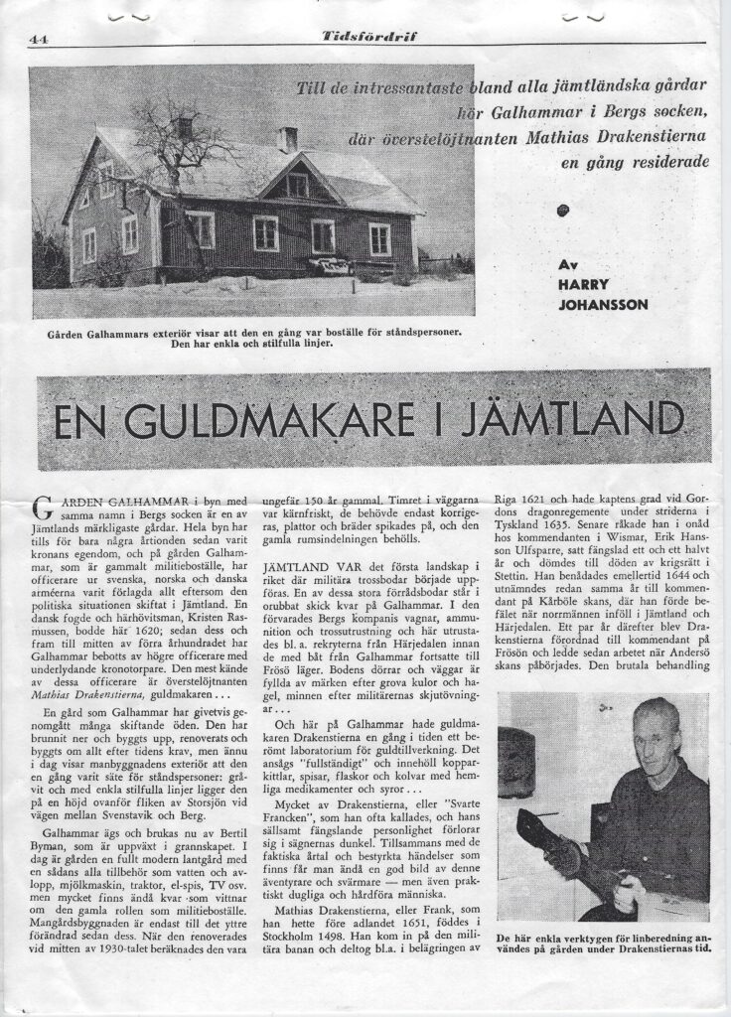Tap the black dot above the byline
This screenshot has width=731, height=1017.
pos(564,209)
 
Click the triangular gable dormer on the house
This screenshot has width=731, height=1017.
pos(296,179)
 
